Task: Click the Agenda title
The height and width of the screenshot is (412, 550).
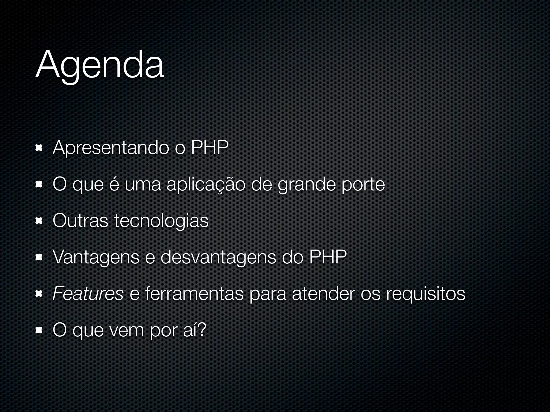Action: [x=99, y=66]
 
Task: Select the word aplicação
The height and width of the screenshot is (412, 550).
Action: [x=206, y=185]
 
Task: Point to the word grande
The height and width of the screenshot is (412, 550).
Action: [x=306, y=185]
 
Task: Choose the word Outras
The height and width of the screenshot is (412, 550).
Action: [x=80, y=221]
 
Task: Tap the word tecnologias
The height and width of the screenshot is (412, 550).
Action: [x=161, y=221]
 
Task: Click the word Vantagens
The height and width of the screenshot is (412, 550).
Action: [x=96, y=258]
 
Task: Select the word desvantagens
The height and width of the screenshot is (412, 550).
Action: [x=218, y=258]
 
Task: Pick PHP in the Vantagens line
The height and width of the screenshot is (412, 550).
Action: [x=328, y=257]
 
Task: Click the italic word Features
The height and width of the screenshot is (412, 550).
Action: [x=88, y=294]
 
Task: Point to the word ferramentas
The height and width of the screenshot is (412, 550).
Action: [x=194, y=294]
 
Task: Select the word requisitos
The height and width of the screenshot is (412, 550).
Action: [x=426, y=294]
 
